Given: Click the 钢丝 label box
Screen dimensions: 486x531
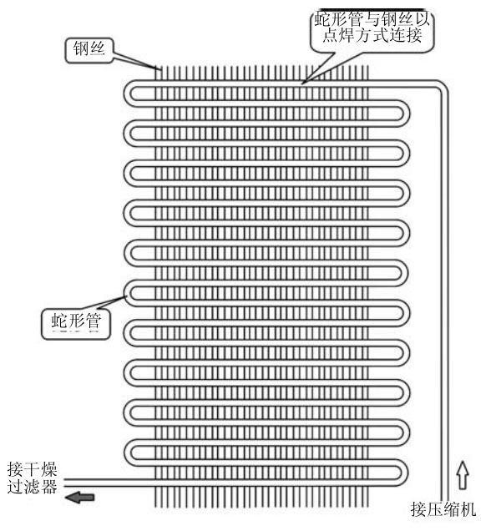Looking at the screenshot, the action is (x=89, y=50).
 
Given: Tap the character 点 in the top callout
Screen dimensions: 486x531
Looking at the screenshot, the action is (x=331, y=35).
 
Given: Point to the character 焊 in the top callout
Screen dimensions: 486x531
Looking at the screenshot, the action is (x=347, y=35).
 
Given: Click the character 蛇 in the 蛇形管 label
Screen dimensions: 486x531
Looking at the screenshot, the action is (x=59, y=321).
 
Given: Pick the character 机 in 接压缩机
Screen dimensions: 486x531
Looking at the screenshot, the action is (x=468, y=509).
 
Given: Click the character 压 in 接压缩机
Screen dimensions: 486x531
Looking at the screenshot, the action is (x=435, y=509).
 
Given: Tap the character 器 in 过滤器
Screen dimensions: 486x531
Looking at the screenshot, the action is (x=48, y=487).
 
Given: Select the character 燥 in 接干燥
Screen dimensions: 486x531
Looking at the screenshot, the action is (x=48, y=469).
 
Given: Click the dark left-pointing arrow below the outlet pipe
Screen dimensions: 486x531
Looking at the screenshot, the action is (x=79, y=498).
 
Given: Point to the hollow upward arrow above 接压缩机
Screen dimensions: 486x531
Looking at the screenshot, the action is (x=463, y=475).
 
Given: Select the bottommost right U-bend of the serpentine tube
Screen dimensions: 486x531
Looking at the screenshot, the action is (x=406, y=472).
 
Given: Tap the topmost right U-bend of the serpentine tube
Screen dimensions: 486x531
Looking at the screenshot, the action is (x=406, y=114).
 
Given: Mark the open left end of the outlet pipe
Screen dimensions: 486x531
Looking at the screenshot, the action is (x=64, y=483).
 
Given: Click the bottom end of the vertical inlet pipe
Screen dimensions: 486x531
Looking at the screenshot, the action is (x=445, y=500).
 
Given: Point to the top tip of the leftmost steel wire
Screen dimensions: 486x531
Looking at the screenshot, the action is (x=156, y=66).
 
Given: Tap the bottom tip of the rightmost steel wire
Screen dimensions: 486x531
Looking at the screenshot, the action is (x=367, y=507).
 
